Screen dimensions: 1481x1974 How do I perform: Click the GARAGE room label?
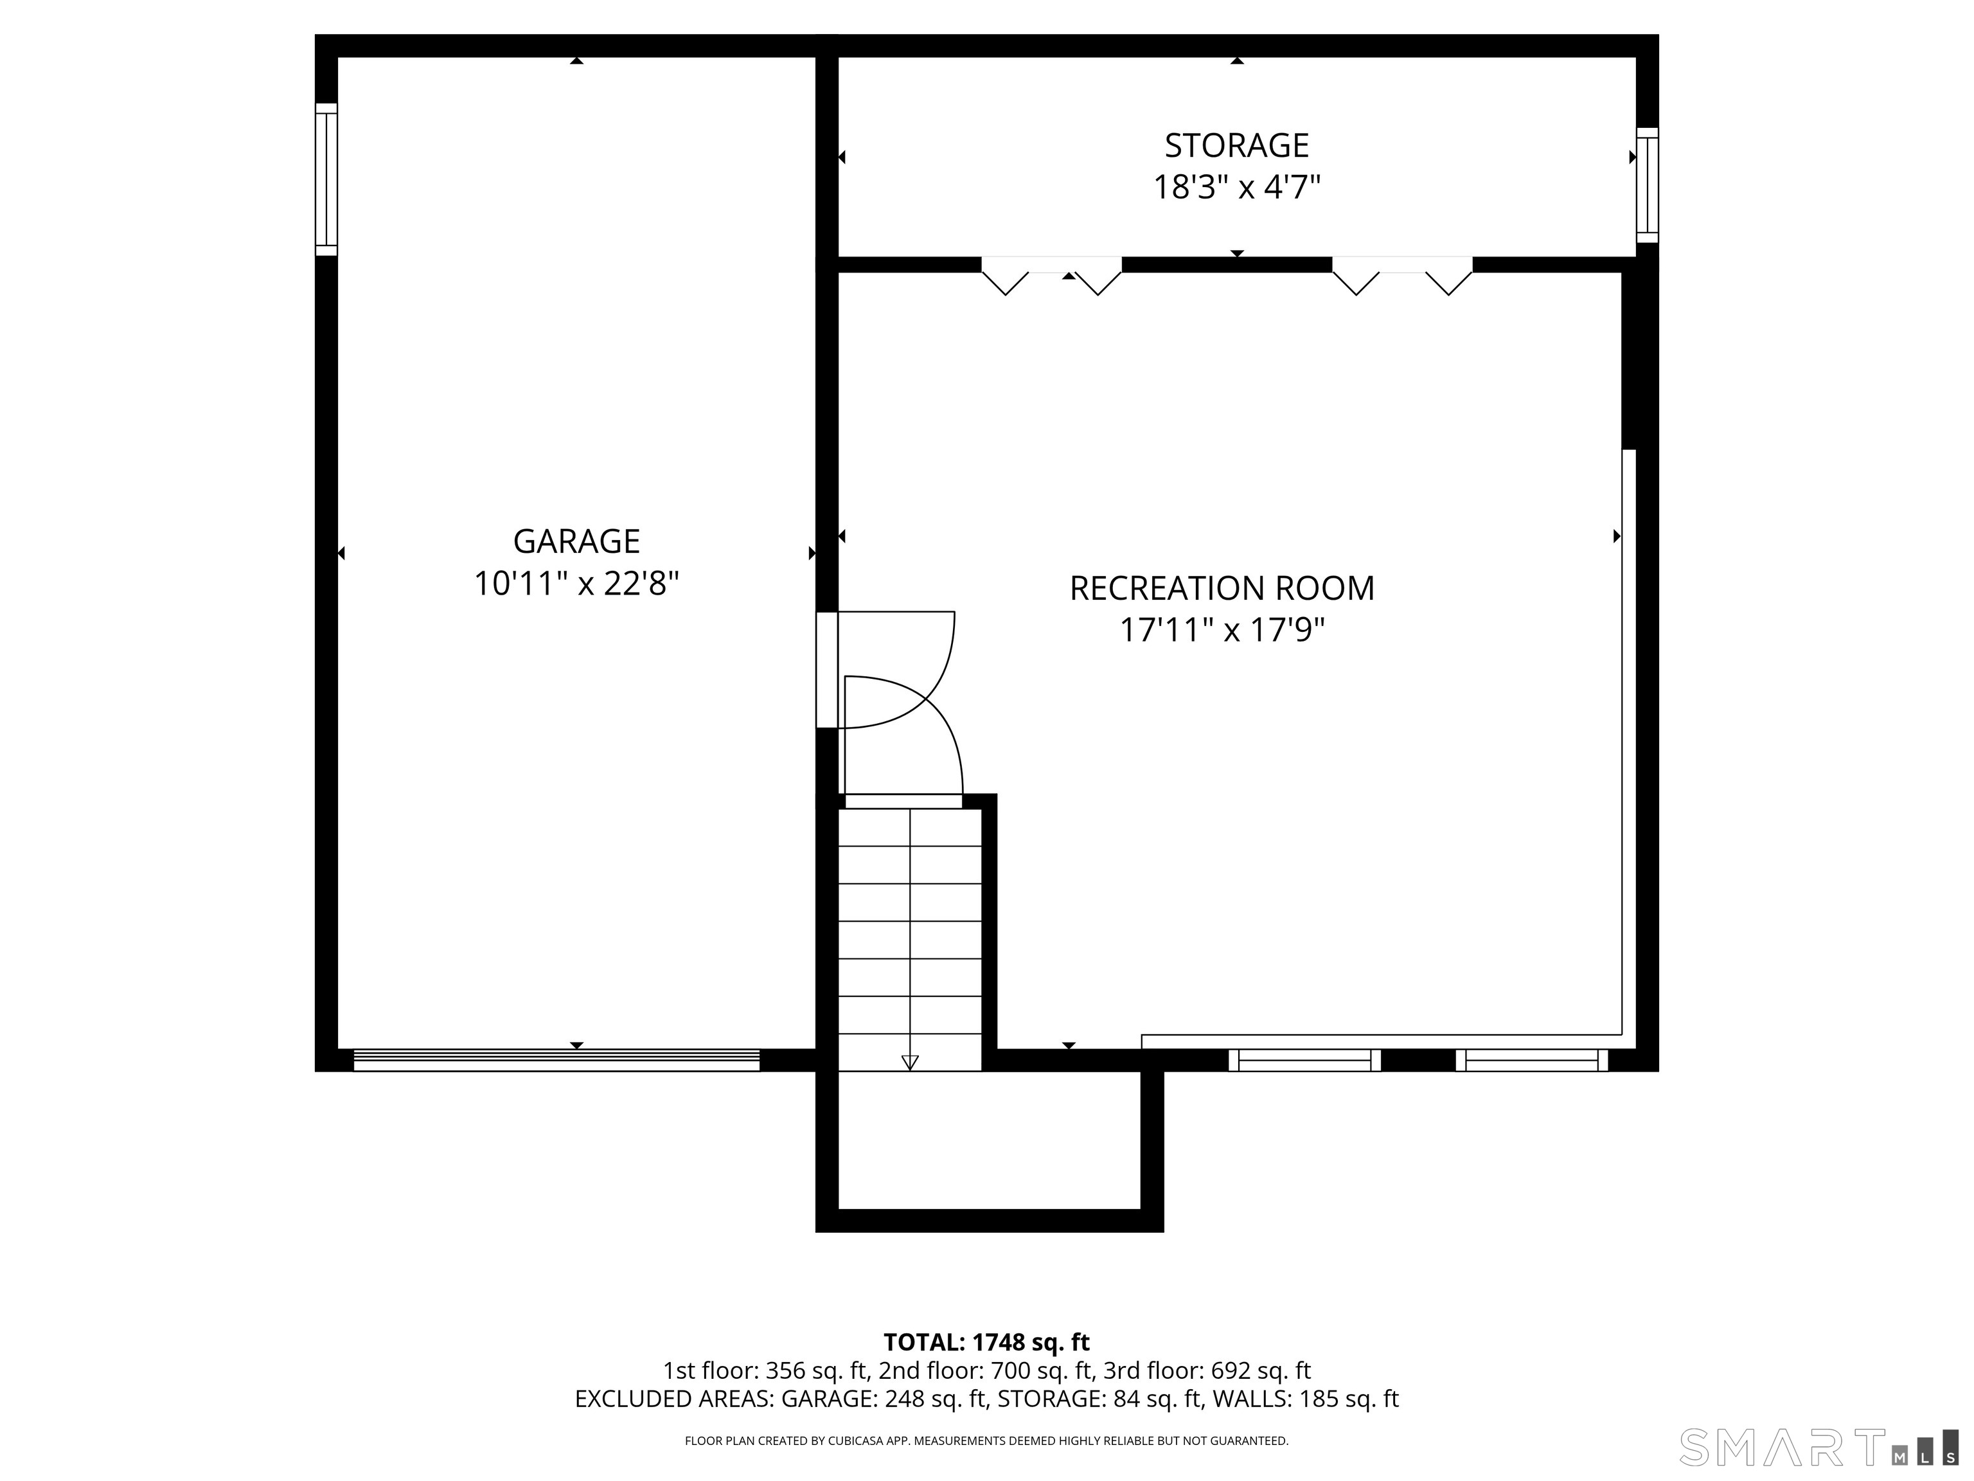pos(576,541)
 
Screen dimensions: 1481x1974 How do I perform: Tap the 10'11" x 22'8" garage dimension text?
pos(576,584)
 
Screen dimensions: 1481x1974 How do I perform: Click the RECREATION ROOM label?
pos(1222,588)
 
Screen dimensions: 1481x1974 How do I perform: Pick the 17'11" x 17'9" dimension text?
pos(1222,630)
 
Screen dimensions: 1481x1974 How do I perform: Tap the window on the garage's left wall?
pos(326,179)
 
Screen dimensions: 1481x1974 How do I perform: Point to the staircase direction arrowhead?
pos(909,1063)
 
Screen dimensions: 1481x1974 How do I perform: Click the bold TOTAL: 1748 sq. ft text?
pos(986,1342)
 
